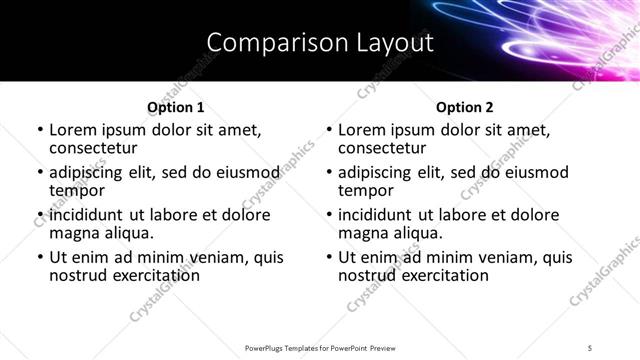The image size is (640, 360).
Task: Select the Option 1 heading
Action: pyautogui.click(x=175, y=107)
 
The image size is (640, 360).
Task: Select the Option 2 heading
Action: pyautogui.click(x=464, y=107)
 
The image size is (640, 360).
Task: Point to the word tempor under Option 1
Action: pyautogui.click(x=77, y=191)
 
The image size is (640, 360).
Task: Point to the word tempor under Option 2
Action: pyautogui.click(x=366, y=191)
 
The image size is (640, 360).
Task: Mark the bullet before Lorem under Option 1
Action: pyautogui.click(x=39, y=131)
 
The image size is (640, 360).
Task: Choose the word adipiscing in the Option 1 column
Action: pyautogui.click(x=90, y=172)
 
